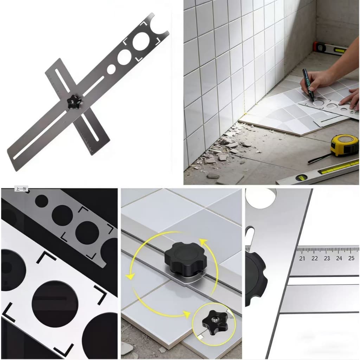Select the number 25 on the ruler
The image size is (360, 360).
point(351,258)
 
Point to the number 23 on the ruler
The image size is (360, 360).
point(327,258)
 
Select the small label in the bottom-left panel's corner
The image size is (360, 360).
point(21,189)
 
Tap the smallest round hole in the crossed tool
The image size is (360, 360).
point(111,69)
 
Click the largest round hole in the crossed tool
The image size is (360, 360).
point(141,41)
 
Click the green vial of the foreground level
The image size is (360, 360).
point(301,178)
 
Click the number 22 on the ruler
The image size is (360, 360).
point(315,258)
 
